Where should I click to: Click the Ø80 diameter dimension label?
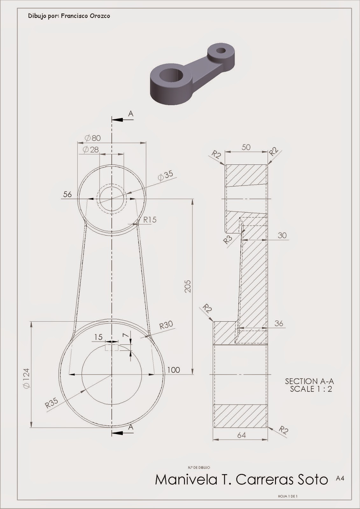93,138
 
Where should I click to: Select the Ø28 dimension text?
91,150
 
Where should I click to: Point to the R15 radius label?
150,220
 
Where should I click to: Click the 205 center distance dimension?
187,286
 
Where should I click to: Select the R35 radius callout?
52,403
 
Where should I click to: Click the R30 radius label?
166,325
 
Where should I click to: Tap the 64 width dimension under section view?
242,435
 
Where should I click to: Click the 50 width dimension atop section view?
246,147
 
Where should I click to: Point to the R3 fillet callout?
228,239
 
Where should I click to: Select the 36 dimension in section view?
279,323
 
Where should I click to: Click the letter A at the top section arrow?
130,114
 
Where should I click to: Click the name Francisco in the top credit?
74,16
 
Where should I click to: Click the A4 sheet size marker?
340,478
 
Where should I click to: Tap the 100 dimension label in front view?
173,370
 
